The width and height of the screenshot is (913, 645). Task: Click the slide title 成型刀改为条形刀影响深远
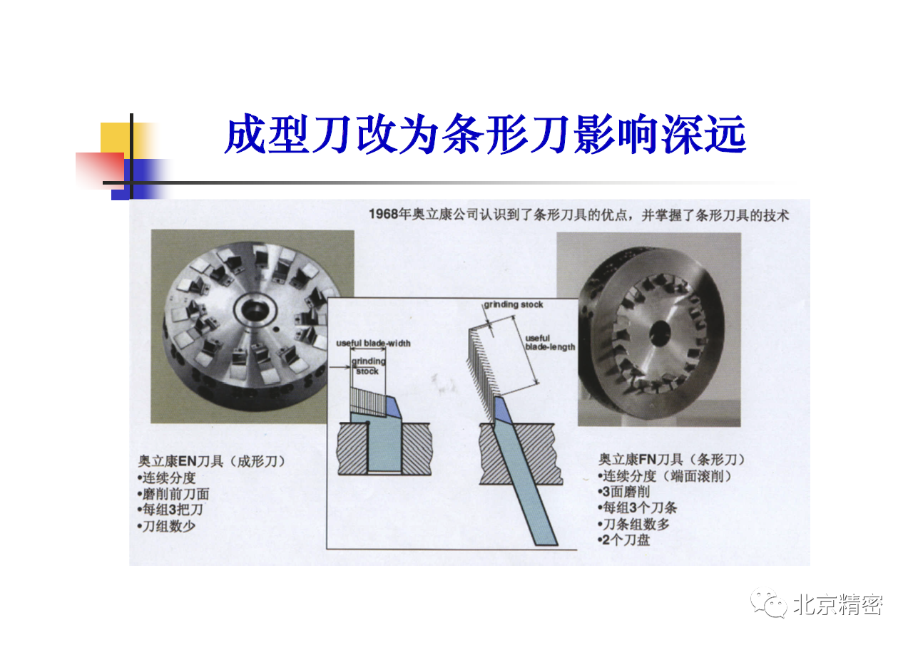pos(485,134)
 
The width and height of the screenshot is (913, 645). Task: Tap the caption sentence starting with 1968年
pos(579,215)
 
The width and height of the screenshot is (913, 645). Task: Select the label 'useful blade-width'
pos(373,344)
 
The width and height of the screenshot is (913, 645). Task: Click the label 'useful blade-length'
pos(550,342)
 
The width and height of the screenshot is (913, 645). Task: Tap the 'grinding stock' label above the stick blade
pos(514,304)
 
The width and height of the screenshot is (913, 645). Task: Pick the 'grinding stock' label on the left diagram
pos(368,366)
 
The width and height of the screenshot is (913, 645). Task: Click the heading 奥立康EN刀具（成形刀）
pos(211,461)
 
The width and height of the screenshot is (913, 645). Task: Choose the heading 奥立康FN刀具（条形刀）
pos(671,460)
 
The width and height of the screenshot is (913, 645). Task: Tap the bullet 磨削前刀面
pos(173,493)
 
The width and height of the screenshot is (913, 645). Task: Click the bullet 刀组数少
pos(166,526)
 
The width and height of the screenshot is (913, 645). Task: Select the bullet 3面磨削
pos(623,492)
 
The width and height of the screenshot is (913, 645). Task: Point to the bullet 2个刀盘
pos(623,540)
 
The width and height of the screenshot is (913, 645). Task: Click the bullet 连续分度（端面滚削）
pos(664,475)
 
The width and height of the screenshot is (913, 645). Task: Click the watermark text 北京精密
pos(838,605)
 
